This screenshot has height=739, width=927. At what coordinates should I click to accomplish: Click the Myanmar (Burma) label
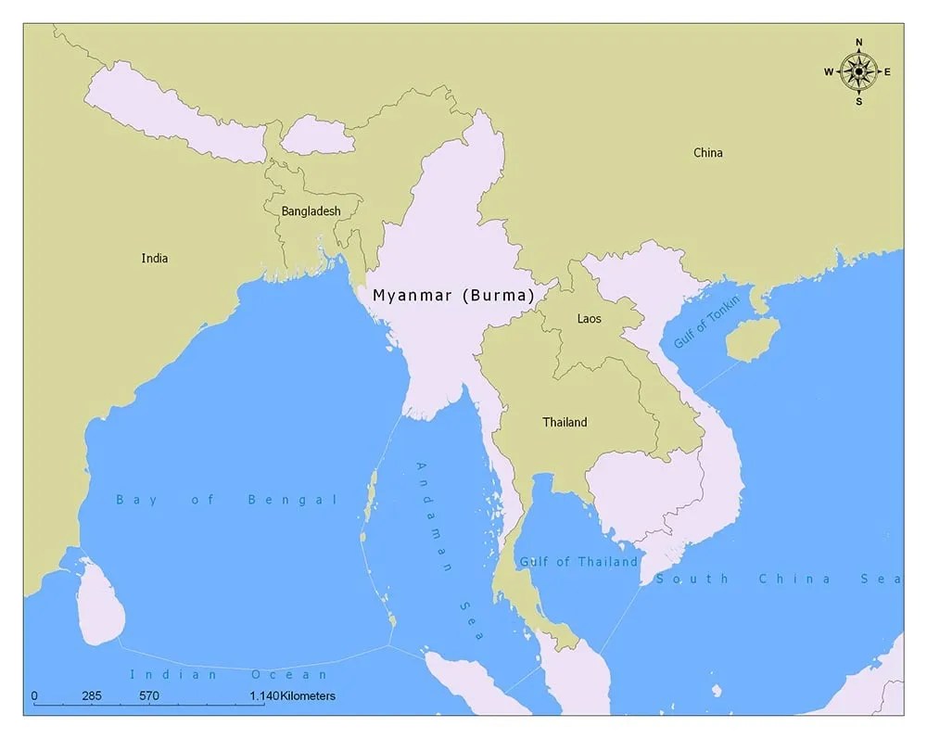click(453, 296)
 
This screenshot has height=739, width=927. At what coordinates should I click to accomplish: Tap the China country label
click(708, 153)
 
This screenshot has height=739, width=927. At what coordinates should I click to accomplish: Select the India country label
click(155, 259)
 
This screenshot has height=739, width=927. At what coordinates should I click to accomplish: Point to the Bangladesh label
click(311, 211)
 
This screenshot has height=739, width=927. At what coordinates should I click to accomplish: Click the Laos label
click(589, 319)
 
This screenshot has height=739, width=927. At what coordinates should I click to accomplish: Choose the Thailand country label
click(565, 423)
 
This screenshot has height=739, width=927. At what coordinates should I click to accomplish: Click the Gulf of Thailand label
click(578, 562)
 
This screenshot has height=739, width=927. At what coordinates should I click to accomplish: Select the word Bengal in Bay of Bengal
click(293, 500)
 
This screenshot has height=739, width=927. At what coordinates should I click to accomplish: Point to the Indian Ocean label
click(229, 674)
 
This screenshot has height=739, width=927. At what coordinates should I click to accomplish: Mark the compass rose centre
click(859, 71)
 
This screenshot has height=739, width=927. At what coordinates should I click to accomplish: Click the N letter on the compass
click(859, 43)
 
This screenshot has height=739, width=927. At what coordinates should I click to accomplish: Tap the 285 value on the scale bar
click(92, 695)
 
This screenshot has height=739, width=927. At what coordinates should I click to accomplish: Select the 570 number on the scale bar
click(149, 695)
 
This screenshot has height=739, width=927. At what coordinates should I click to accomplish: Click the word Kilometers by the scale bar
click(307, 695)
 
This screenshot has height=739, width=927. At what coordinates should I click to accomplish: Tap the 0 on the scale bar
click(34, 695)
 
